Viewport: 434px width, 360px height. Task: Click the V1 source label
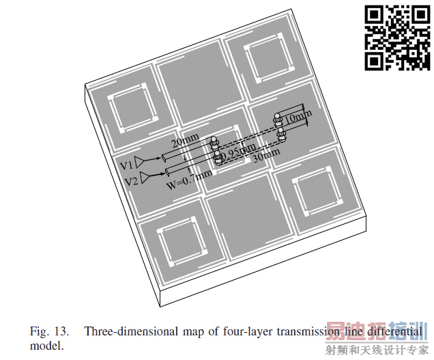coord(126,165)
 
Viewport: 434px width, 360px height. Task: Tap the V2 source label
coord(131,181)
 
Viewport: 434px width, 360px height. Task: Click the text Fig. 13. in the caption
coord(50,331)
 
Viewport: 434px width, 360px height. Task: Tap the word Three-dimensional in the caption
coord(125,331)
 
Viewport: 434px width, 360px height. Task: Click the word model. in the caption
coord(45,346)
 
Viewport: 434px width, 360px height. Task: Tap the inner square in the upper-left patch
coord(132,109)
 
